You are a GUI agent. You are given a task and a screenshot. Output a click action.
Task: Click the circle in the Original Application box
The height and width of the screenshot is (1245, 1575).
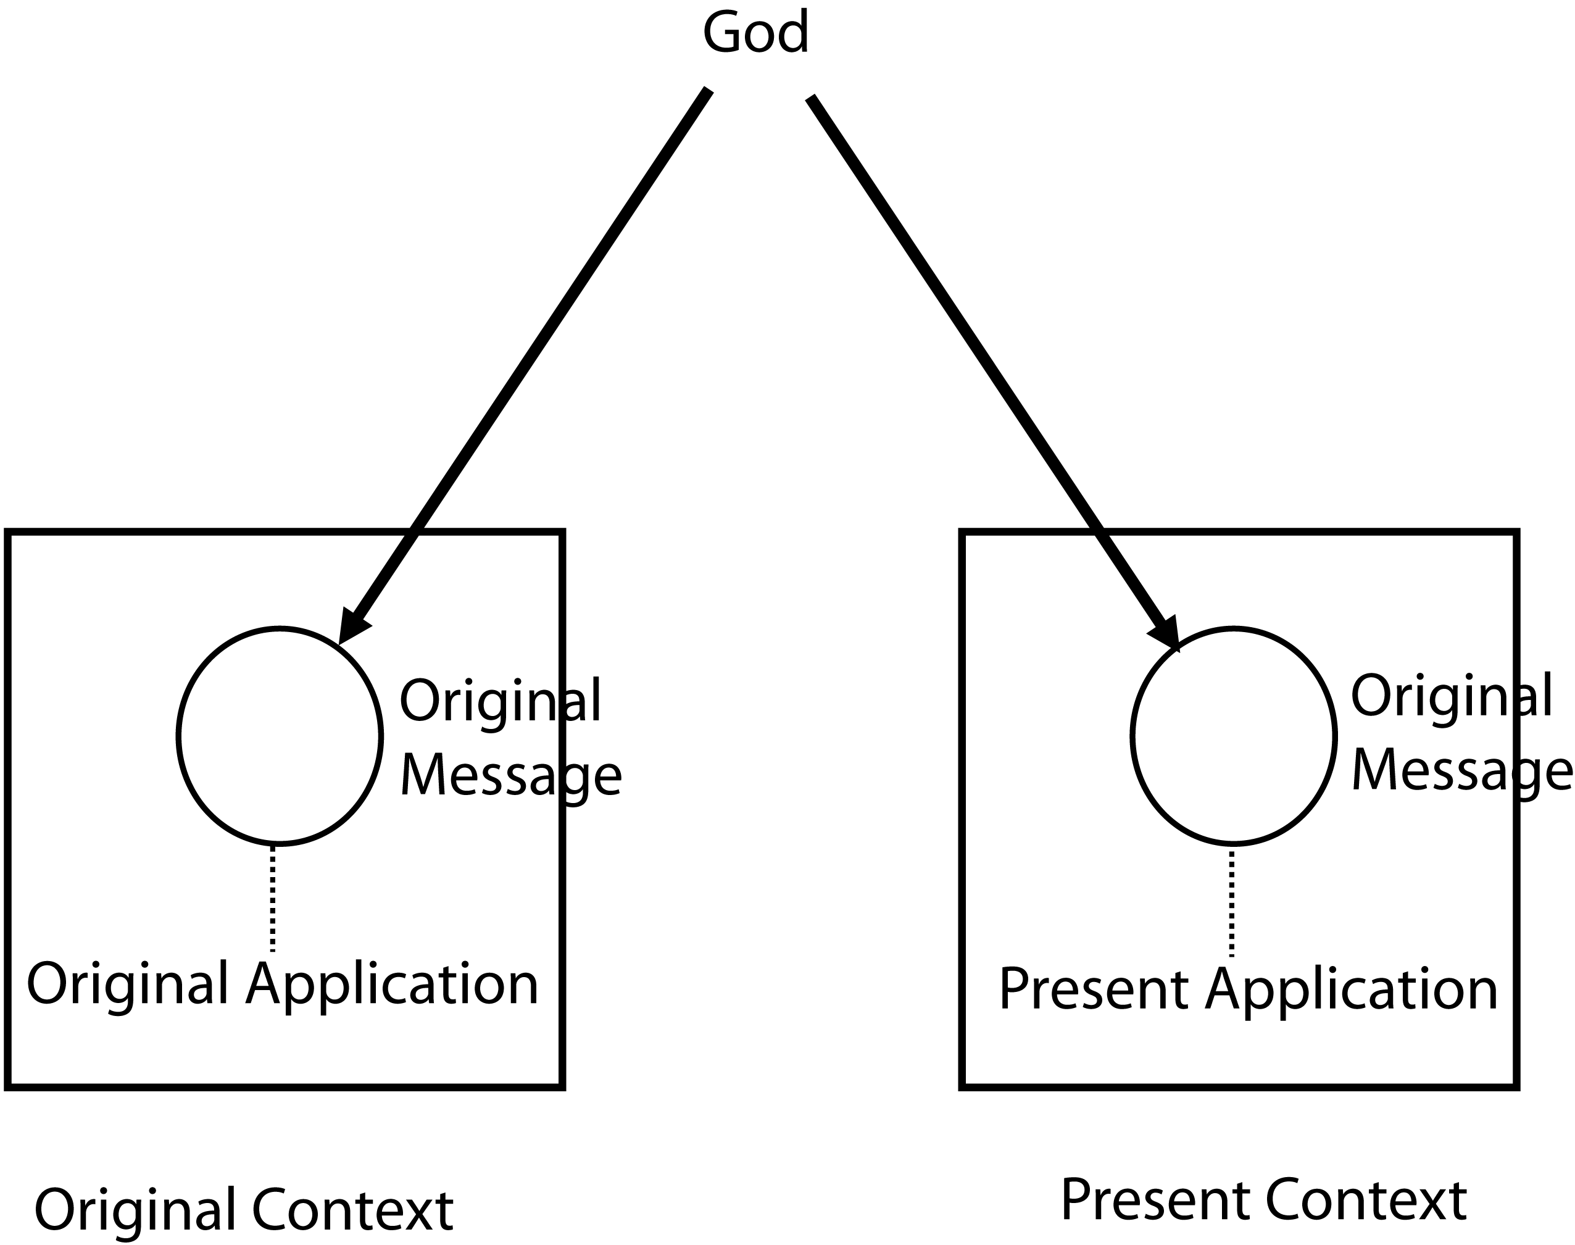(x=279, y=736)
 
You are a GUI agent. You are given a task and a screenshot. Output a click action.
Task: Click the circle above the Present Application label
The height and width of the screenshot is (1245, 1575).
(x=1233, y=736)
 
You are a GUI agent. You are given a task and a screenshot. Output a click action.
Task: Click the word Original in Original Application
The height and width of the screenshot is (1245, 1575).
(x=127, y=983)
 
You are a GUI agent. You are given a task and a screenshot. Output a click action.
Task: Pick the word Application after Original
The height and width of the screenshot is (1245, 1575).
(x=392, y=985)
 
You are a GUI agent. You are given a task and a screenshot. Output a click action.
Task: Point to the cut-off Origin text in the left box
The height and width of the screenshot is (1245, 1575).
(x=478, y=701)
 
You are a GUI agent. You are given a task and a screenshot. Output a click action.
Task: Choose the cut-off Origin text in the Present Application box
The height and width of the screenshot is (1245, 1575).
(x=1429, y=697)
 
